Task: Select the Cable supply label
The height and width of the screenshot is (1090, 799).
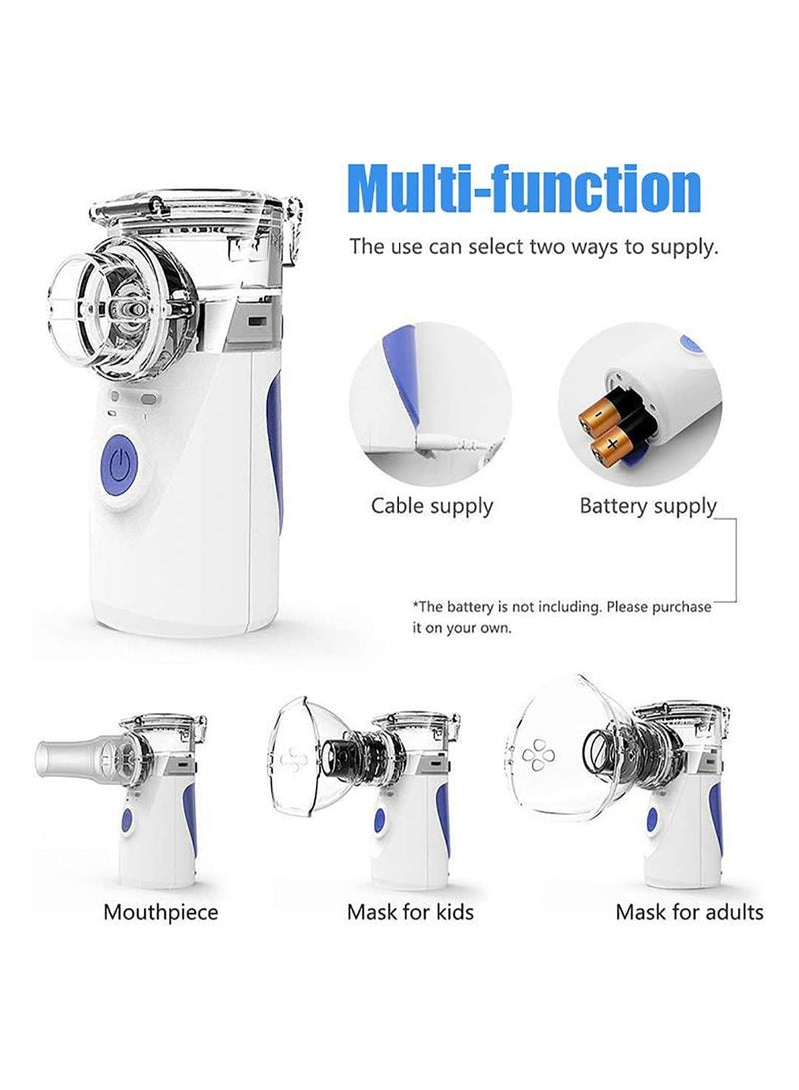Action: tap(431, 506)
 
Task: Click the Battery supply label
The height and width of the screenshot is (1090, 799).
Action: tap(648, 506)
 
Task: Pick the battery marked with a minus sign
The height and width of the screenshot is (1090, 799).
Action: tap(599, 410)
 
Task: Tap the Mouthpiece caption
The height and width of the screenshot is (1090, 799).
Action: tap(160, 912)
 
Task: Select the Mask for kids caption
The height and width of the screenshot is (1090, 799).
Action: tap(409, 912)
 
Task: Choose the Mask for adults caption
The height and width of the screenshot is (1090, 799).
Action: tap(689, 912)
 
